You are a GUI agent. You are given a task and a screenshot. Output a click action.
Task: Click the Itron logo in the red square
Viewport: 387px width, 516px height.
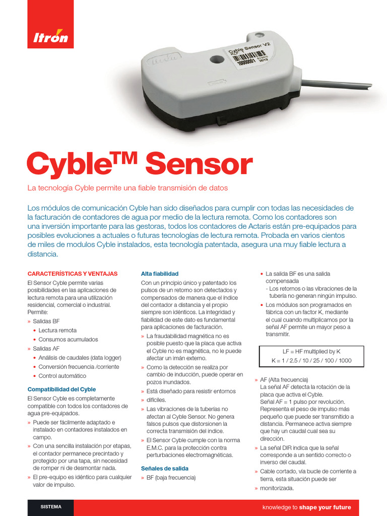(50, 37)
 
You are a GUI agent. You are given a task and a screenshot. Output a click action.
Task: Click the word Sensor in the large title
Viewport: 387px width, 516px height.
(199, 164)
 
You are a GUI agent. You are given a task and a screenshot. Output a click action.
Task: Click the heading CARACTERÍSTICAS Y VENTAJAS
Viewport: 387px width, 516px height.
(73, 274)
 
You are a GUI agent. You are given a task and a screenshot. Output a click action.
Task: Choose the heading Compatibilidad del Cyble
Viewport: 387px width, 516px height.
(61, 390)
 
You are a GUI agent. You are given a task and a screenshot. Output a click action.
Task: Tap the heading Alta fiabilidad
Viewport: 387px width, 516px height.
(160, 274)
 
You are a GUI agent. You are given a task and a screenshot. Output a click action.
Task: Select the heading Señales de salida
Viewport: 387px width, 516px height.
(165, 468)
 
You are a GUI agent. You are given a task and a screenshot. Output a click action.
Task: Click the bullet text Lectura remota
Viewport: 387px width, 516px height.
(57, 331)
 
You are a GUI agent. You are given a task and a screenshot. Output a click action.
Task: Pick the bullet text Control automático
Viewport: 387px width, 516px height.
(62, 376)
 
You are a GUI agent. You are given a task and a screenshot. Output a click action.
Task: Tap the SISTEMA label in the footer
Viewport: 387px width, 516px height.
(51, 507)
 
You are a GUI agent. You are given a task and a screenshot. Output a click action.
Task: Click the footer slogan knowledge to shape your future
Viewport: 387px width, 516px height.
(306, 507)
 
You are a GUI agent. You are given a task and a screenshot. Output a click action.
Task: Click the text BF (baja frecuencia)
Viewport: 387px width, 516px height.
(171, 477)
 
